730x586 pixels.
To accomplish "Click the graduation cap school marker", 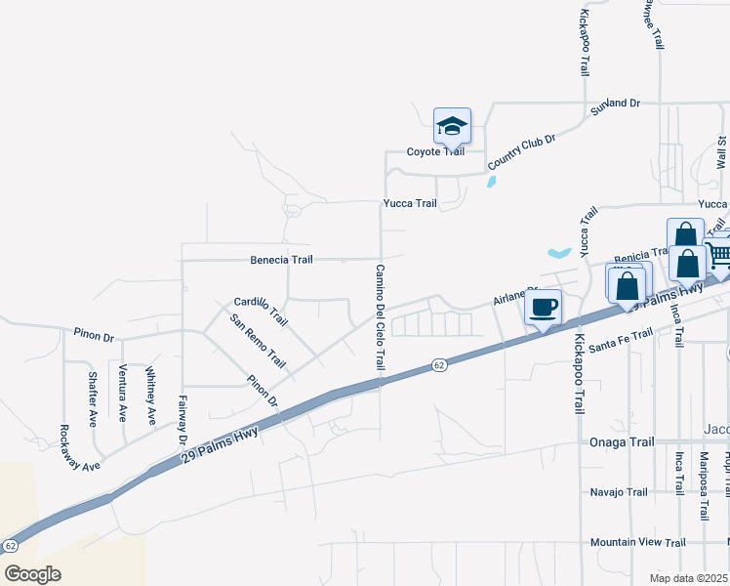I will point(452,127).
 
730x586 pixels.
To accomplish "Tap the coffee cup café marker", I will point(543,308).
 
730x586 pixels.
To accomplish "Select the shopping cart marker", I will point(719,256).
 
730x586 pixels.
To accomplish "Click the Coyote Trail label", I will point(435,152).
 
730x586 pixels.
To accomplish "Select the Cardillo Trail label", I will point(262,311).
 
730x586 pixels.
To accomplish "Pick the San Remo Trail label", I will point(258,341).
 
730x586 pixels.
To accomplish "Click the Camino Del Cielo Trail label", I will point(380,315).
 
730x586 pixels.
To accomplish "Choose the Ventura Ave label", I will point(122,393).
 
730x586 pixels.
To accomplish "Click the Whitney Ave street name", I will point(150,396).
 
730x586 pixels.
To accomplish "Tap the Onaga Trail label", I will point(622,442).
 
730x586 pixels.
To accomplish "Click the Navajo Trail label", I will point(619,492).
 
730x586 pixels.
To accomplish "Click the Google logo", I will point(32,573).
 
